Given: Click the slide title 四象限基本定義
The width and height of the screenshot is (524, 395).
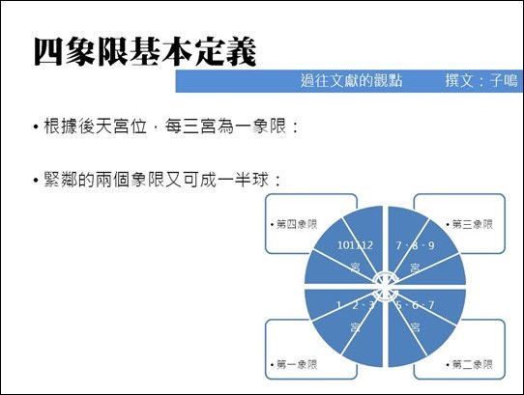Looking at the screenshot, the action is pyautogui.click(x=145, y=52).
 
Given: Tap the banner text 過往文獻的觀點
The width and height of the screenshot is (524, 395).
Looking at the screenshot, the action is pyautogui.click(x=351, y=81).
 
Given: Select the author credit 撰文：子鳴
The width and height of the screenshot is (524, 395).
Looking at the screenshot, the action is pyautogui.click(x=481, y=81).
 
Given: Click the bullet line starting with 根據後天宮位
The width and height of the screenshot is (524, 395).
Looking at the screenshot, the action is pyautogui.click(x=165, y=127).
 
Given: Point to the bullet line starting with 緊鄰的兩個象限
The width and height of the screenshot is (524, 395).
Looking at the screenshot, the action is pyautogui.click(x=157, y=180).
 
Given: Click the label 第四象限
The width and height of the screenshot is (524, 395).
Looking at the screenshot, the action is pyautogui.click(x=294, y=224).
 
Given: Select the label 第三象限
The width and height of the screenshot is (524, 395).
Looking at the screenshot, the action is pyautogui.click(x=470, y=224).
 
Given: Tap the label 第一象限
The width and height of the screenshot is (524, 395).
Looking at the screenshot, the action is pyautogui.click(x=294, y=364).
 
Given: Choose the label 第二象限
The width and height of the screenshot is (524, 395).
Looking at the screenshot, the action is pyautogui.click(x=470, y=364).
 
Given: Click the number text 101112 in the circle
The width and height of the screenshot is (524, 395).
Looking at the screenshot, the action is pyautogui.click(x=355, y=245).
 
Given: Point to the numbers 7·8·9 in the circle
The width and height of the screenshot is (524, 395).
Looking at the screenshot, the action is pyautogui.click(x=415, y=245).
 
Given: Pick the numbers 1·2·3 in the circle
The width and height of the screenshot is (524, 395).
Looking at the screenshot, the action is pyautogui.click(x=356, y=305).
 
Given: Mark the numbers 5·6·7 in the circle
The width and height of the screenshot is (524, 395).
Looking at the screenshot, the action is pyautogui.click(x=415, y=305).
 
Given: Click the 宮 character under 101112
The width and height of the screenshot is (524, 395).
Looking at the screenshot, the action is pyautogui.click(x=355, y=268).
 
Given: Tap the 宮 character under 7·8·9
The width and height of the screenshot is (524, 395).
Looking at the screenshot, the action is pyautogui.click(x=415, y=268).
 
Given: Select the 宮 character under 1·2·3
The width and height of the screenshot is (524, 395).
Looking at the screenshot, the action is pyautogui.click(x=355, y=326).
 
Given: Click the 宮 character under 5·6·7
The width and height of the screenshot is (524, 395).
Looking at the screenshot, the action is pyautogui.click(x=415, y=326).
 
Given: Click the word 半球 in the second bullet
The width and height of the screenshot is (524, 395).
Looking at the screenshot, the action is pyautogui.click(x=251, y=180).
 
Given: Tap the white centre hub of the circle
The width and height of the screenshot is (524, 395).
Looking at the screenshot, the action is pyautogui.click(x=385, y=286).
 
